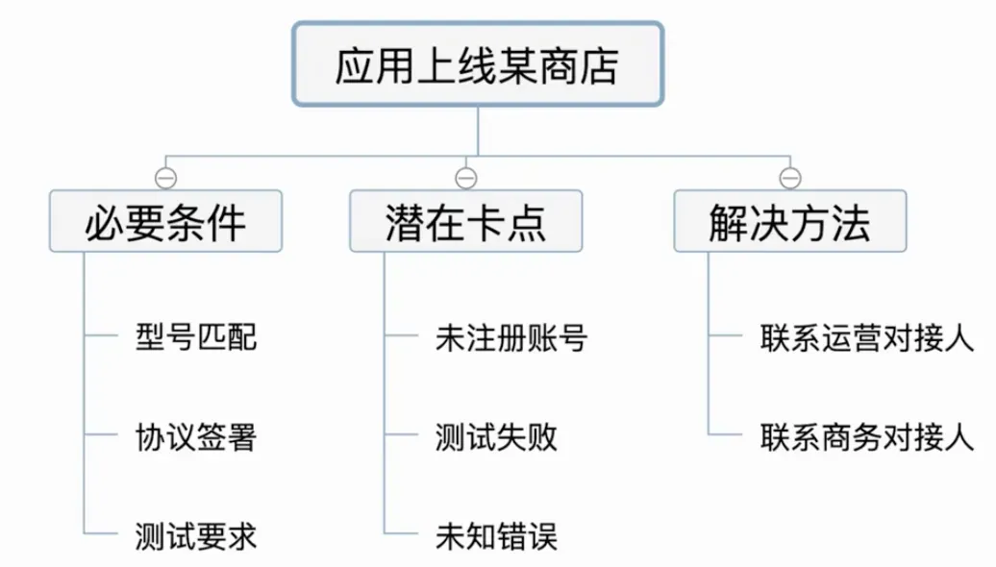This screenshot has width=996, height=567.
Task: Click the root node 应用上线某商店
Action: (478, 64)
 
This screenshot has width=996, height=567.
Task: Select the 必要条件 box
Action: (165, 221)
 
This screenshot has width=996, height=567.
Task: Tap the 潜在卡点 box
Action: (465, 221)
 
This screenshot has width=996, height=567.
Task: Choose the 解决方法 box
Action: (789, 221)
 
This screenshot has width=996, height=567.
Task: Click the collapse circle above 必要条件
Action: (165, 178)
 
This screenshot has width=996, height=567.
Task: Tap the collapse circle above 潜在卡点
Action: (466, 178)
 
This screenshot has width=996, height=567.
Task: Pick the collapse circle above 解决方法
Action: (790, 178)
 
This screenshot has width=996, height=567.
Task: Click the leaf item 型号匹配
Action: (196, 338)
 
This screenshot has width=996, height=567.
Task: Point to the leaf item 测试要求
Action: (196, 536)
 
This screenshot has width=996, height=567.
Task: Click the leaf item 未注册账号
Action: (510, 338)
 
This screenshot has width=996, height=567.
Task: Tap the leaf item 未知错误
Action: (496, 536)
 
